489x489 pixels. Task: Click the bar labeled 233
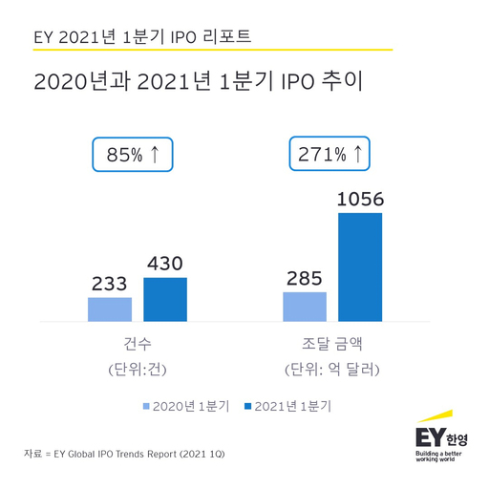(110, 309)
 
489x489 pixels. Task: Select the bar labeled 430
(165, 299)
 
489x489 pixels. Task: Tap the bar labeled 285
(305, 307)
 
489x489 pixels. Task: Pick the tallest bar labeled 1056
(360, 266)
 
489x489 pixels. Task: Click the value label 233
(110, 284)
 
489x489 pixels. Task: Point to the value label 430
(163, 264)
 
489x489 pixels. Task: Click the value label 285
(305, 278)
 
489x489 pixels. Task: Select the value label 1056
(360, 199)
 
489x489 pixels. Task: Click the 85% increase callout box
(132, 155)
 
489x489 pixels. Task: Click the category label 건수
(138, 343)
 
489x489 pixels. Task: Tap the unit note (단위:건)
(138, 369)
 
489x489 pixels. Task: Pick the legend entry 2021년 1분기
(294, 406)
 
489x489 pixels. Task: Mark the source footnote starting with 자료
(128, 452)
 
